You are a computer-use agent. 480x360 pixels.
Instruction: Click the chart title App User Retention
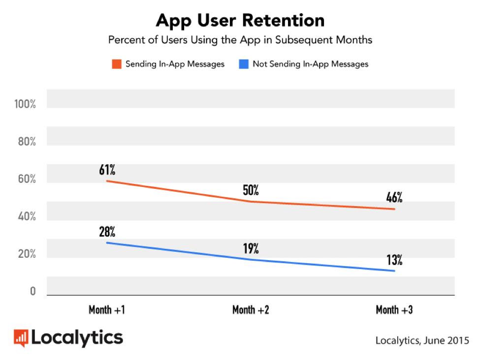tap(240, 20)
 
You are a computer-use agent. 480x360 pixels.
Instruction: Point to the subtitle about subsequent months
tap(240, 40)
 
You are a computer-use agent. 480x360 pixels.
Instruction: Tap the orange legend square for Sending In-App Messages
tap(116, 64)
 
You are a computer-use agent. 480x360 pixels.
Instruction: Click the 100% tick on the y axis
tap(25, 105)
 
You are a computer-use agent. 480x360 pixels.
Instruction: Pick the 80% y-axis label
tap(26, 142)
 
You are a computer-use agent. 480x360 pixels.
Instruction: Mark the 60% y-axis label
tap(26, 180)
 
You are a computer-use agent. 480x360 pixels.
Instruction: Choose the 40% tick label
tap(26, 217)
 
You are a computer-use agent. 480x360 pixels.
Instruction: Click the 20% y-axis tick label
tap(26, 254)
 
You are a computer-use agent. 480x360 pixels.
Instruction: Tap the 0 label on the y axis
tap(32, 292)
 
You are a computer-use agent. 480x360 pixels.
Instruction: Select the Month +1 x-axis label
tap(107, 310)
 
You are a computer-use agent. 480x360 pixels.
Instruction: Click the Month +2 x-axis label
tap(251, 310)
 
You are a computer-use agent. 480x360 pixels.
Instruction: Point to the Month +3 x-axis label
tap(394, 310)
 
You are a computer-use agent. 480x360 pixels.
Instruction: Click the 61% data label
tap(107, 170)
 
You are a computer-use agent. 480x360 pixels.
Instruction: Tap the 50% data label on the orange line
tap(251, 190)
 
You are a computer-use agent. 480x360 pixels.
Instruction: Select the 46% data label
tap(394, 198)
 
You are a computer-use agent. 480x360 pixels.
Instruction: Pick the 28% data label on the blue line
tap(107, 232)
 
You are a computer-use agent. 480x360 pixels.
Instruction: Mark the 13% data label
tap(394, 260)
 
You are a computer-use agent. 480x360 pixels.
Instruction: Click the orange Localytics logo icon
tap(21, 337)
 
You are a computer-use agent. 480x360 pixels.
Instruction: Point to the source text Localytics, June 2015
tap(422, 340)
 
